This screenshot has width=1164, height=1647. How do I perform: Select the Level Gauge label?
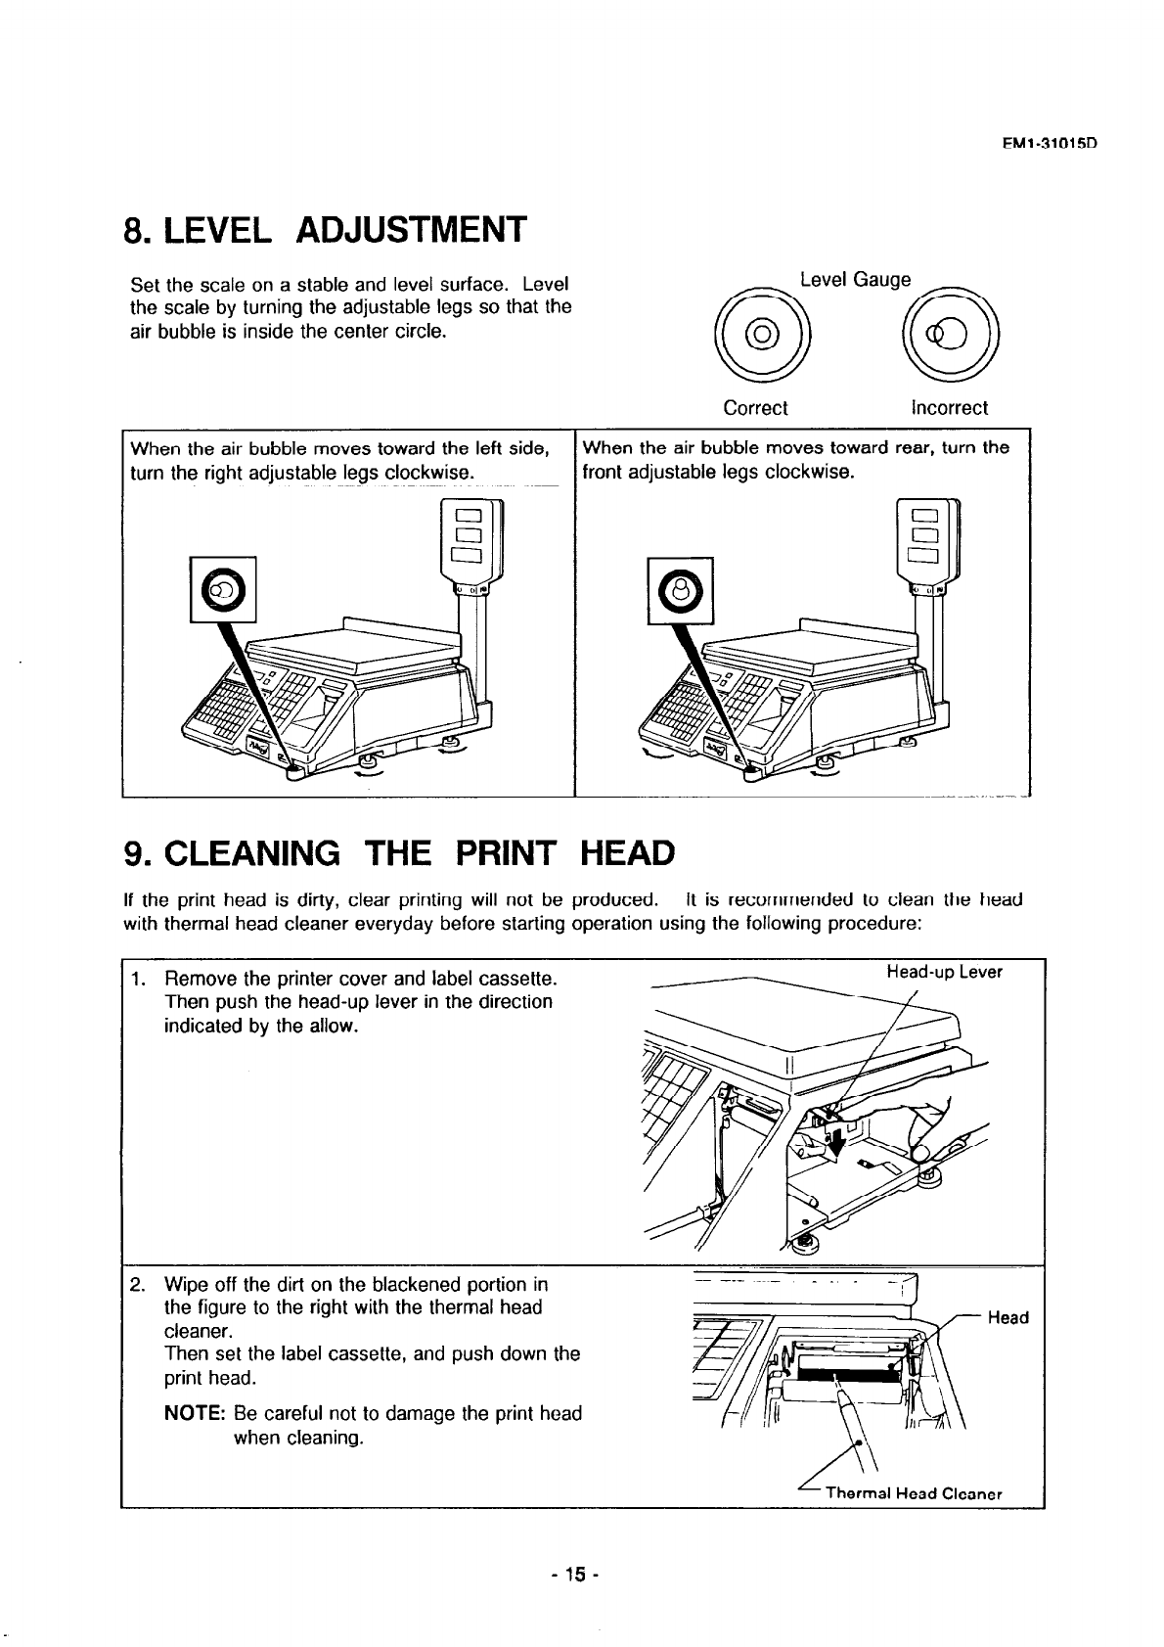[x=854, y=280]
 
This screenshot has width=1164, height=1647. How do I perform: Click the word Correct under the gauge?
[x=755, y=408]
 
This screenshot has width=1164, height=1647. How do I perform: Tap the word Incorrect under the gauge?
[x=949, y=408]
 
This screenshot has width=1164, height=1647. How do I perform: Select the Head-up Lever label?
[x=944, y=972]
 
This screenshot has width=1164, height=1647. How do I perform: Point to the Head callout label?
[x=1007, y=1318]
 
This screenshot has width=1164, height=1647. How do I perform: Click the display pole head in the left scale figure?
[x=471, y=544]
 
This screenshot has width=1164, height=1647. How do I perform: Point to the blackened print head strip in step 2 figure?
[x=849, y=1364]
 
